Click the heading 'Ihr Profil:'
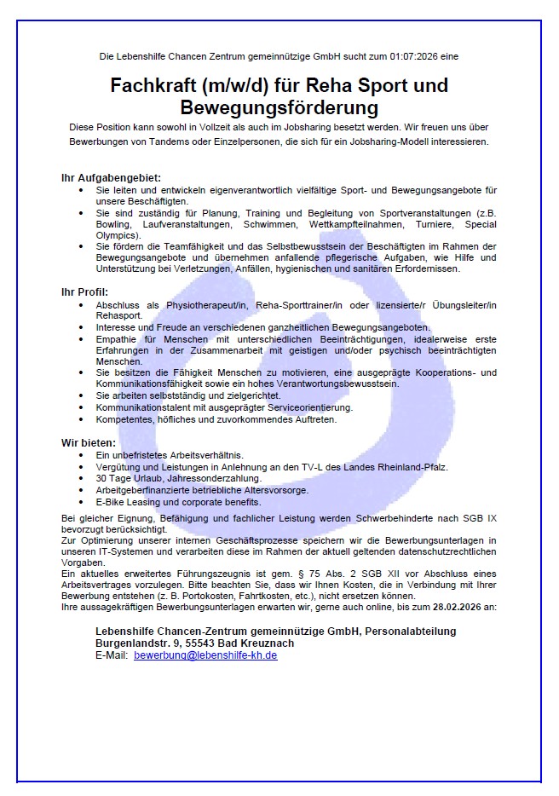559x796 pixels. [85, 292]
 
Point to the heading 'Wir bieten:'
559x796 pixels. [88, 442]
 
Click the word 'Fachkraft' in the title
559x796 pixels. [154, 86]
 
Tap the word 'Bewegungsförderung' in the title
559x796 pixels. [279, 108]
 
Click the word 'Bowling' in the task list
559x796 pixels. [114, 224]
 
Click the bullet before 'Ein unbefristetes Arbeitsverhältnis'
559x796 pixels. [81, 456]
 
